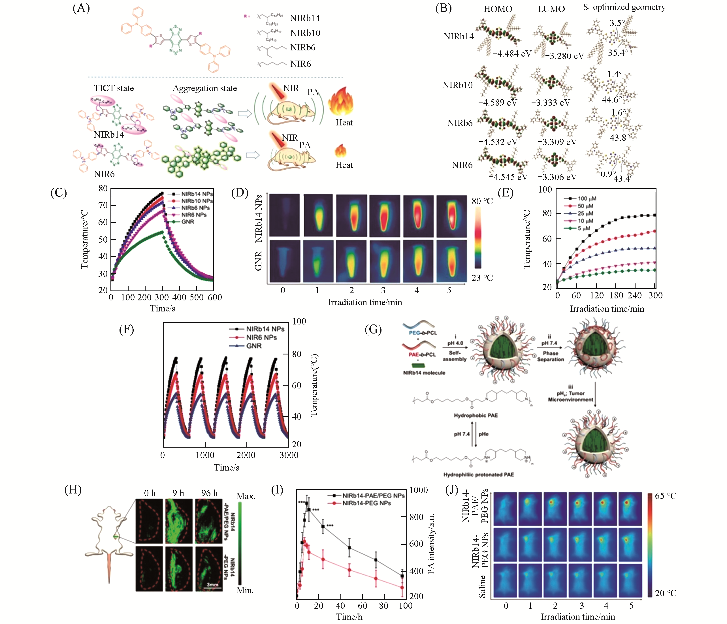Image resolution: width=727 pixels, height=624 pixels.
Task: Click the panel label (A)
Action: point(81,8)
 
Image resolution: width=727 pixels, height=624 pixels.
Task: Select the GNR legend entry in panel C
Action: point(187,222)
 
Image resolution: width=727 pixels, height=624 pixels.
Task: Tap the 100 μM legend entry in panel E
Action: point(587,198)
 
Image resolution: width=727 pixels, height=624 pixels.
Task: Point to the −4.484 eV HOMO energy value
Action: point(511,54)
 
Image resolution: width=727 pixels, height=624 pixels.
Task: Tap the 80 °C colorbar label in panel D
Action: point(482,201)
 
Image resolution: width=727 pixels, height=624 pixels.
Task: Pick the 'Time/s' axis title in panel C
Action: point(163,308)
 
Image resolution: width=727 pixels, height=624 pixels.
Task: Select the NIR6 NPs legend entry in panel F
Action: point(261,337)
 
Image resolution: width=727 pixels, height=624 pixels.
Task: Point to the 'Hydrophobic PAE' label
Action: point(476,415)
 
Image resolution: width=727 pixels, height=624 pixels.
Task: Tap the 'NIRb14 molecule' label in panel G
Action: point(424,373)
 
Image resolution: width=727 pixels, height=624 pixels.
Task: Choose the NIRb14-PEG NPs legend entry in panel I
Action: point(366,503)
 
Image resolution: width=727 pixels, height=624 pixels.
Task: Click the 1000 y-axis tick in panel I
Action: point(418,490)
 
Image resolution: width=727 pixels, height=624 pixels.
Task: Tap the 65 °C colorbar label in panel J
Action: point(665,496)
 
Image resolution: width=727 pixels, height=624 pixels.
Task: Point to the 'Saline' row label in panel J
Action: point(482,586)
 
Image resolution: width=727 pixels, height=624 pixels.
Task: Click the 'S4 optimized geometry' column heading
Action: point(624,7)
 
